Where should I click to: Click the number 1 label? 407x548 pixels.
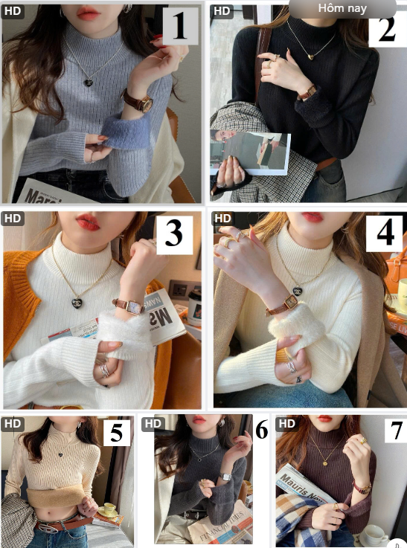coord(179,26)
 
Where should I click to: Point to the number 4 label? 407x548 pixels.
coord(385,233)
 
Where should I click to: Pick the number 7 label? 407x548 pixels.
coord(394,431)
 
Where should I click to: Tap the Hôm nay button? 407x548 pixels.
coord(342,8)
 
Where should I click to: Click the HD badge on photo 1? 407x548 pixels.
coord(13,10)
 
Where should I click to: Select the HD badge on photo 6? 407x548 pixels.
coord(153,423)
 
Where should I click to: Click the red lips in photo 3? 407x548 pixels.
coord(88,222)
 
